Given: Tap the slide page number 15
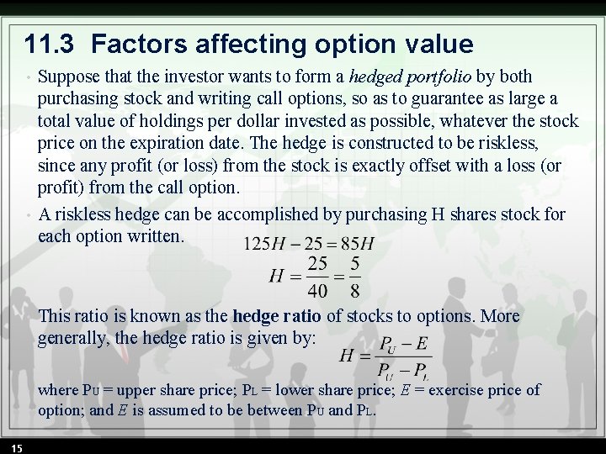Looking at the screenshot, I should click(17, 446).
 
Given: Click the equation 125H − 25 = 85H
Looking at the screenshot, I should click(309, 245).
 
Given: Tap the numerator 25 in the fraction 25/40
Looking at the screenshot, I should click(318, 265).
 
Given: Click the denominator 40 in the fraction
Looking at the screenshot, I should click(318, 291).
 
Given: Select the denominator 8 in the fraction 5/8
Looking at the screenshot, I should click(354, 291).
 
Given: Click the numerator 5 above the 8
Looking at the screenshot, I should click(354, 265).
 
